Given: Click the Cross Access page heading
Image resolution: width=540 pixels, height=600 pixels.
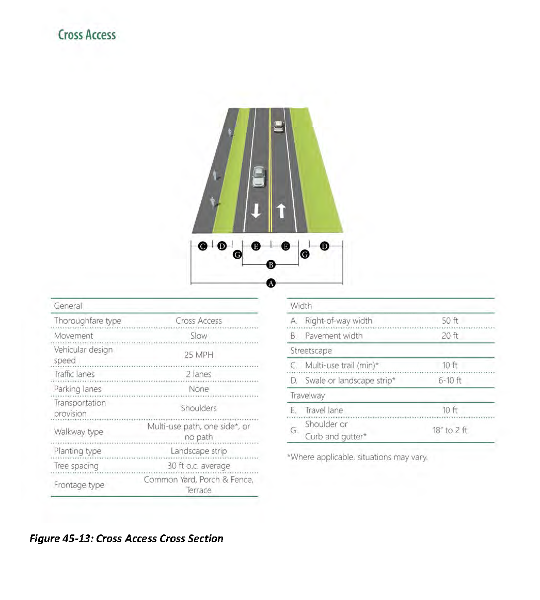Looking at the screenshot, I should (87, 35).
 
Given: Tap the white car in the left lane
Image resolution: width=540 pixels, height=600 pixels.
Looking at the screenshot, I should (259, 177).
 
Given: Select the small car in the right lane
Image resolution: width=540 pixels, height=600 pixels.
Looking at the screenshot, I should (278, 126).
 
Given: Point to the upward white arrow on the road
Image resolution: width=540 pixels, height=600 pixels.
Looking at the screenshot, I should (281, 210).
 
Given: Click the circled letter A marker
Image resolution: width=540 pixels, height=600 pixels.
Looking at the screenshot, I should (271, 283).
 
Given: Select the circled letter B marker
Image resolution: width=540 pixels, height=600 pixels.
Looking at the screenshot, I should (271, 265).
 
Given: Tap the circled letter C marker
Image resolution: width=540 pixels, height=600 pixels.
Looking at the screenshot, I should (203, 246).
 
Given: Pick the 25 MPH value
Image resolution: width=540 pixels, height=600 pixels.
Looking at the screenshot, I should (198, 355).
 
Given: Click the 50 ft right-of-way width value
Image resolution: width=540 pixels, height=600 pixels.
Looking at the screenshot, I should (450, 321).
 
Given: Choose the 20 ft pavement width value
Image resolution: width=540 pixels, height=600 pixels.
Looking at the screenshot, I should (450, 336).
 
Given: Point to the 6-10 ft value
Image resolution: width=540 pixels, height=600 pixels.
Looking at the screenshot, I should (450, 381).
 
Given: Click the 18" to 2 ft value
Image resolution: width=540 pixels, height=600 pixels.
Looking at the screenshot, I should (450, 430).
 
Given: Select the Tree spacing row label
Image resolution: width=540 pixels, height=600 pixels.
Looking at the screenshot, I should (76, 466).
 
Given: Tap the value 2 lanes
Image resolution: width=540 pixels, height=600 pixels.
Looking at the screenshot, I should (198, 374).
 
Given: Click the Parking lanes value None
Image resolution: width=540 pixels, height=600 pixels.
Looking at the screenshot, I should (198, 389).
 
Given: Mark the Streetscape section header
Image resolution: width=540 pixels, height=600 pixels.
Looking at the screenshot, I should (311, 351).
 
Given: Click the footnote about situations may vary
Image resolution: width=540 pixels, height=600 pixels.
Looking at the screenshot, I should (357, 457).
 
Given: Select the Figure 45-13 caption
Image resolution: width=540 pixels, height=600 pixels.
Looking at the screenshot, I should (126, 539).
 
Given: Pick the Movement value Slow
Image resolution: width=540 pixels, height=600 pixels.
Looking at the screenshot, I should (198, 336).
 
